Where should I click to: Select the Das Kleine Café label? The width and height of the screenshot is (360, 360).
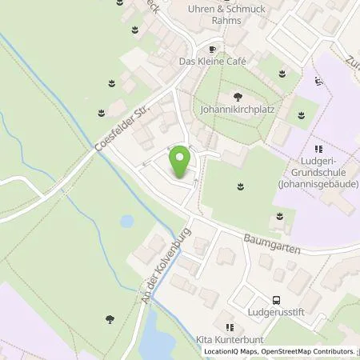coord(211,61)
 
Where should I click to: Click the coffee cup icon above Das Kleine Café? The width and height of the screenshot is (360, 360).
coord(211,47)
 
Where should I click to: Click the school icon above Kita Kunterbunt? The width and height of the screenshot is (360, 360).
coord(230,326)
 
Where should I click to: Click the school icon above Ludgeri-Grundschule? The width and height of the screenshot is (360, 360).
coord(318,149)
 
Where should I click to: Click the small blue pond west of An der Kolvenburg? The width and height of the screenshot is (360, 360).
coord(127,220)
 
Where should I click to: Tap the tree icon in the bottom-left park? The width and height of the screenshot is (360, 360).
coord(109,319)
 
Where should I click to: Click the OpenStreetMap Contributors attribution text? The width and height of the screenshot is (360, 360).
coord(312,351)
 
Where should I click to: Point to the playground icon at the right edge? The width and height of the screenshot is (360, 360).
coord(321,81)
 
